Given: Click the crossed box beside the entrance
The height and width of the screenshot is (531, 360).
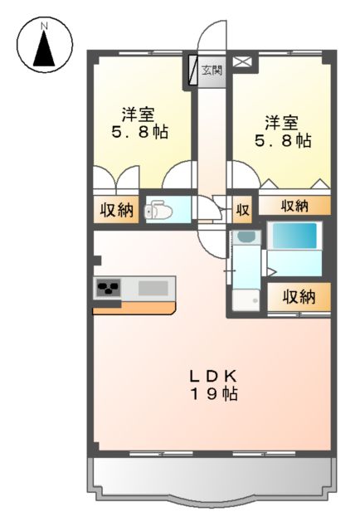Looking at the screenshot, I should coord(243,61).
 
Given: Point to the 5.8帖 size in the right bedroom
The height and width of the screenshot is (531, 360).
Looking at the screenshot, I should coord(282,140).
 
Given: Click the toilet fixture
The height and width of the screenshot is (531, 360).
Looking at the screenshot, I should coord(159,212).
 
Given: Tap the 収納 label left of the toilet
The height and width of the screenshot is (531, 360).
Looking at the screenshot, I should coord(117,211).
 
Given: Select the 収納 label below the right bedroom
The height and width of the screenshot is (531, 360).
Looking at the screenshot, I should coord(294,205).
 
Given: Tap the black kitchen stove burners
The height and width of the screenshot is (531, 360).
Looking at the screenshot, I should coord(109,290).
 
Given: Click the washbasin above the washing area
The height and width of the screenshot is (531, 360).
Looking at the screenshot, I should coord(244,237).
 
